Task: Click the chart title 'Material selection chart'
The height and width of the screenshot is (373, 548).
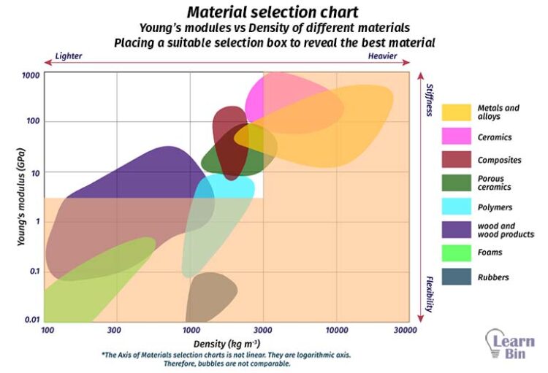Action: point(273,12)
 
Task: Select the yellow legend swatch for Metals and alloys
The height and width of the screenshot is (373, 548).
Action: point(456,112)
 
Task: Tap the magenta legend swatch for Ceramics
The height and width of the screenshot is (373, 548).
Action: point(456,136)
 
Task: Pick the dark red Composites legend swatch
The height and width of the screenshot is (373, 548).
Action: point(456,159)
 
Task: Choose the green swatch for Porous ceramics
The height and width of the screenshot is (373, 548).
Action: point(456,182)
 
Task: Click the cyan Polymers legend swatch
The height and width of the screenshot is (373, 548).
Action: point(456,207)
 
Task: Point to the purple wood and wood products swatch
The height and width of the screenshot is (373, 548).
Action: point(456,230)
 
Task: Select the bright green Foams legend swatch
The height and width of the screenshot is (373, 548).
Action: point(456,253)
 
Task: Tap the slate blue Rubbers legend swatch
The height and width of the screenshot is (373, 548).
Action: point(456,277)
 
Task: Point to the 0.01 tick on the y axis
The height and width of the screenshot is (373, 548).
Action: point(31,320)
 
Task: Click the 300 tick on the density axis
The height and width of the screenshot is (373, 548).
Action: point(113,330)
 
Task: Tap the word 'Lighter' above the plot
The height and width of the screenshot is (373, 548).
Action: point(68,55)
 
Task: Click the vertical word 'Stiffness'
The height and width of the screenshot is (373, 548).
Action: point(430,99)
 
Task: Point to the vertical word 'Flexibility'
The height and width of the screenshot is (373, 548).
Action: point(430,293)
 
